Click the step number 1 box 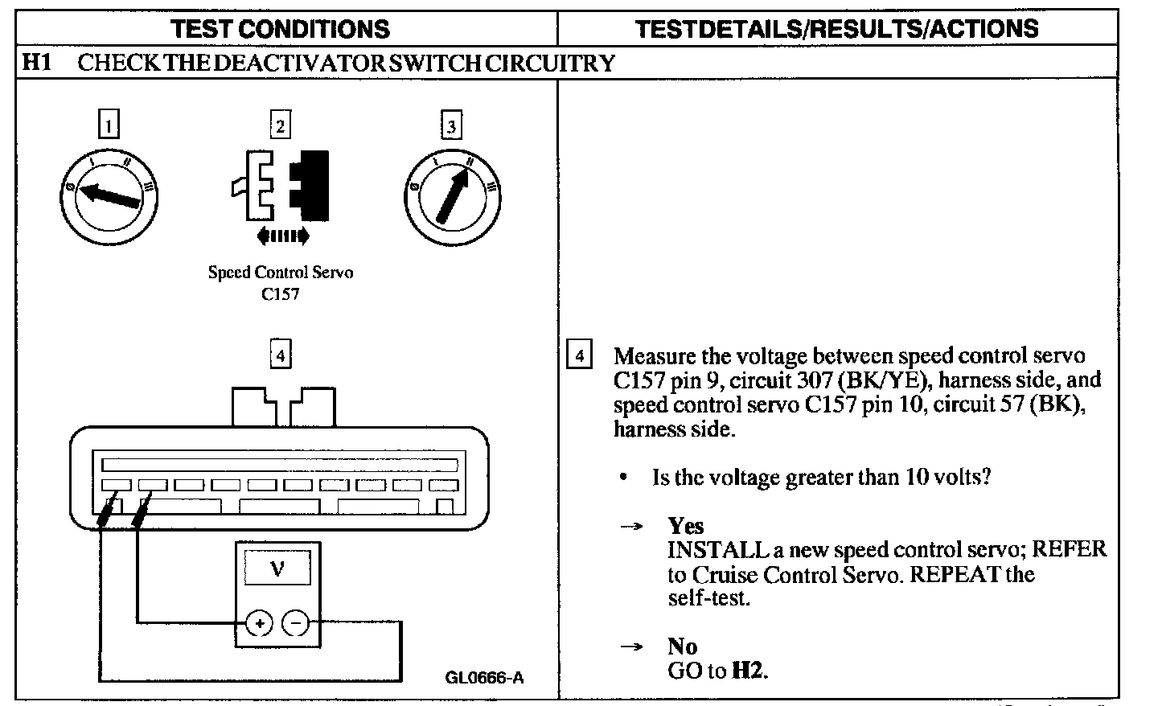pos(109,125)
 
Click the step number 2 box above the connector pos(279,125)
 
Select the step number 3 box pos(451,125)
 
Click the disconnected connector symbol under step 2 pos(280,184)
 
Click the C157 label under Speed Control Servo pos(280,294)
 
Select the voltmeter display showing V pos(277,569)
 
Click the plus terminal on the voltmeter pos(259,622)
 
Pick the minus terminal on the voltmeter pos(296,622)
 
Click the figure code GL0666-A pos(484,677)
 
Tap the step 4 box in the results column pos(580,355)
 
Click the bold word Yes pos(685,526)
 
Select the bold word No pos(682,646)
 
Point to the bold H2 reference pos(748,671)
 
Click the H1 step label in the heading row pos(36,62)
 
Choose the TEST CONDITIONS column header pos(281,29)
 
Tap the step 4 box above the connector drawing pos(280,354)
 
